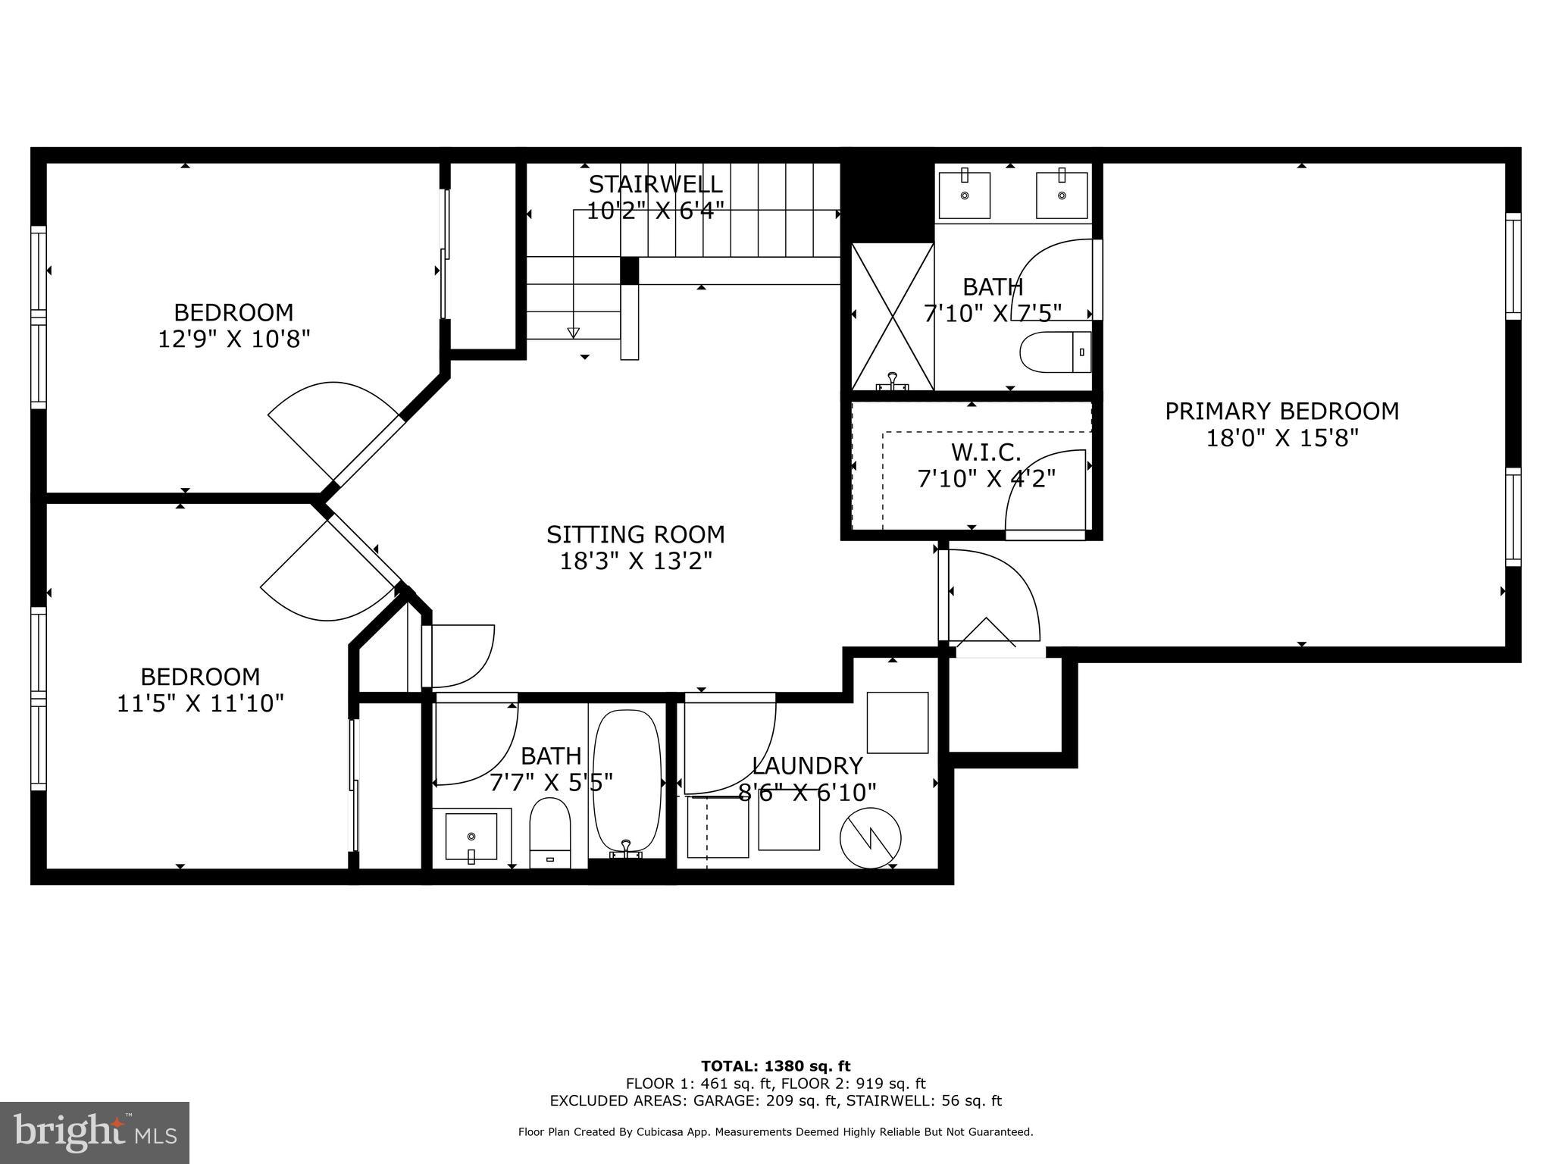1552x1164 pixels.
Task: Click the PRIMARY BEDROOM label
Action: coord(1281,411)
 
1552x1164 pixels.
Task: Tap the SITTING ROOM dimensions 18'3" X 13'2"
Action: coord(636,562)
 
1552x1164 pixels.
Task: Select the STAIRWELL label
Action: coord(656,184)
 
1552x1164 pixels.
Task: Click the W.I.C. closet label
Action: coord(986,452)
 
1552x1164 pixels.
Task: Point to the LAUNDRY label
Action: coord(807,765)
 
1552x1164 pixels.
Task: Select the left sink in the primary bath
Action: coord(965,194)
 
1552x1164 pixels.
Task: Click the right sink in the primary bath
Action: coord(1062,194)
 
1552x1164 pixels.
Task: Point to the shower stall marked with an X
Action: coord(893,317)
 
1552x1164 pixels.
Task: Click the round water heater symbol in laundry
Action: coord(871,839)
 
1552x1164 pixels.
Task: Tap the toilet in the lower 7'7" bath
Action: coord(549,831)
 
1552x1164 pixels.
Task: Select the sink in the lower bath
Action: coord(471,837)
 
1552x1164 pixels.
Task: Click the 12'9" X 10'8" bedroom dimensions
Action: coord(234,339)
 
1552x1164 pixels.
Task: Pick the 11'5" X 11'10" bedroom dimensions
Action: coord(200,704)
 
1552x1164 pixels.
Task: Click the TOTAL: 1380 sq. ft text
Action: coord(775,1066)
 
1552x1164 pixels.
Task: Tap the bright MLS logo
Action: coord(95,1132)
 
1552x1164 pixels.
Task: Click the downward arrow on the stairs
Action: coord(573,332)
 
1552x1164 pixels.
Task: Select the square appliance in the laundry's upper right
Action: coord(897,722)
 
